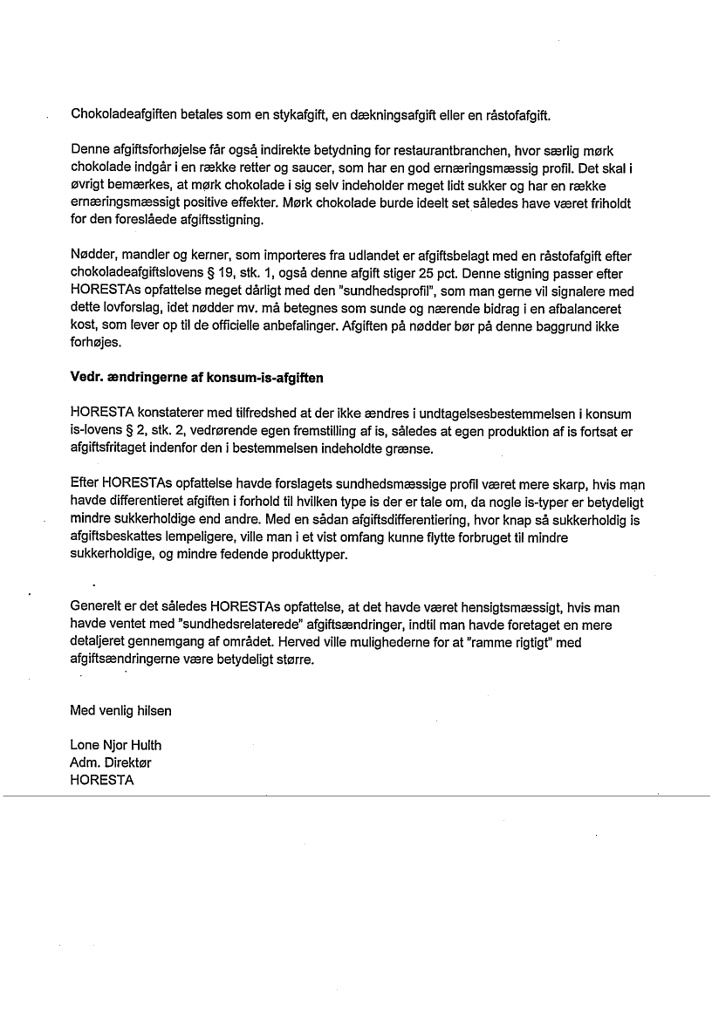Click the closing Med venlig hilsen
[120, 710]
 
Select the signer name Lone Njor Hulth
[115, 745]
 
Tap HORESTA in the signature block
[102, 781]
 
